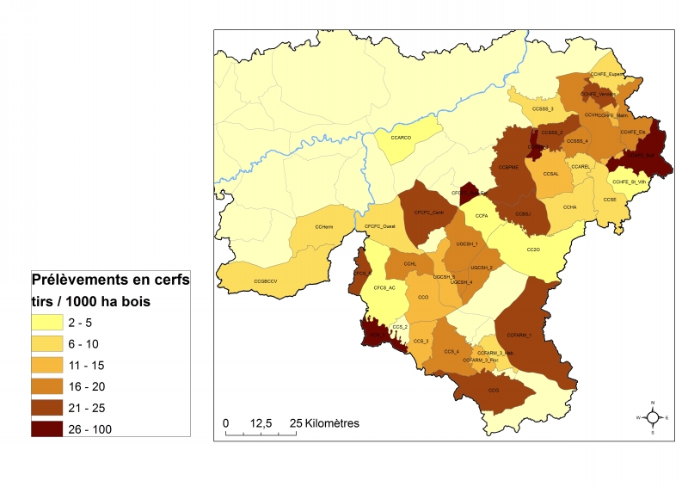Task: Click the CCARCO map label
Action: [401, 138]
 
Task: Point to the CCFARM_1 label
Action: [519, 335]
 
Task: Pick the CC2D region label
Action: [532, 250]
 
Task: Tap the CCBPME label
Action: [510, 167]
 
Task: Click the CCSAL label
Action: [551, 174]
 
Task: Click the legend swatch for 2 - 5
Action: [50, 322]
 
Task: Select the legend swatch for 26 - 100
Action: [50, 428]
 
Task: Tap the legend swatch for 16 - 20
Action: [50, 385]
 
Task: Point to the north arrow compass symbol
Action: [653, 417]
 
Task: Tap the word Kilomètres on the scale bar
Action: [329, 423]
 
